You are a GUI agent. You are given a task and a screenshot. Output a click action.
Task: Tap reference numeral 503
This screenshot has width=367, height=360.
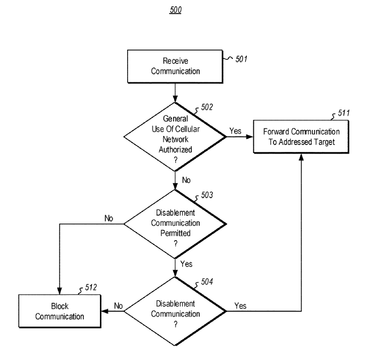pos(207,196)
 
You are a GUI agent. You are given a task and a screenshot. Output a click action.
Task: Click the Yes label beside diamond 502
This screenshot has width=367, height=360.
pos(235,131)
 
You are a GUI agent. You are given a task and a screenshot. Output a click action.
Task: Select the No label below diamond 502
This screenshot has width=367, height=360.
pos(186,180)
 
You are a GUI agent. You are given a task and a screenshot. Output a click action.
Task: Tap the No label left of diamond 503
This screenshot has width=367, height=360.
pos(108,218)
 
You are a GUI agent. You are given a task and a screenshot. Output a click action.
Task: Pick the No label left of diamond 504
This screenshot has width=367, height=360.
pos(119,306)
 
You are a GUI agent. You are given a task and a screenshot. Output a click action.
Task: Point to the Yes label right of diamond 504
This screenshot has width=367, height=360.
pos(240,306)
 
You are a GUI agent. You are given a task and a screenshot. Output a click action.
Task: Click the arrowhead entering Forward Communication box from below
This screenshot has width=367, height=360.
pos(302,157)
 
